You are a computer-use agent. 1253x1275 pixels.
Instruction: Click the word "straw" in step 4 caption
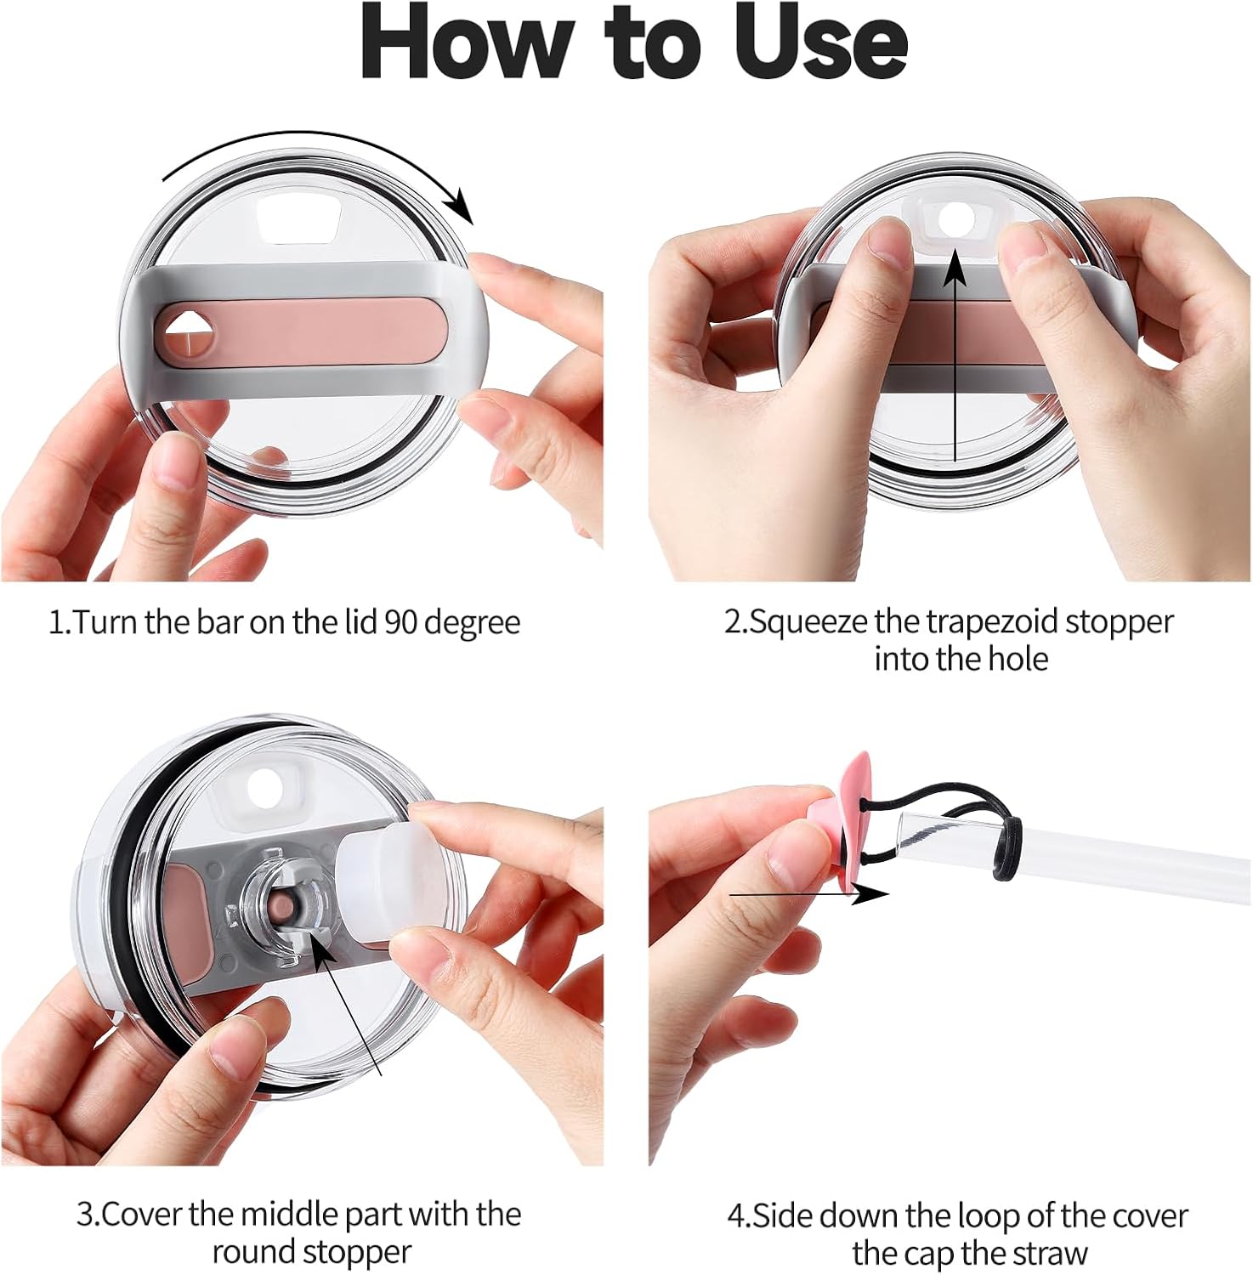pos(1046,1253)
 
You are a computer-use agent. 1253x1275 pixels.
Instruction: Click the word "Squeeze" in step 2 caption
pos(808,624)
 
